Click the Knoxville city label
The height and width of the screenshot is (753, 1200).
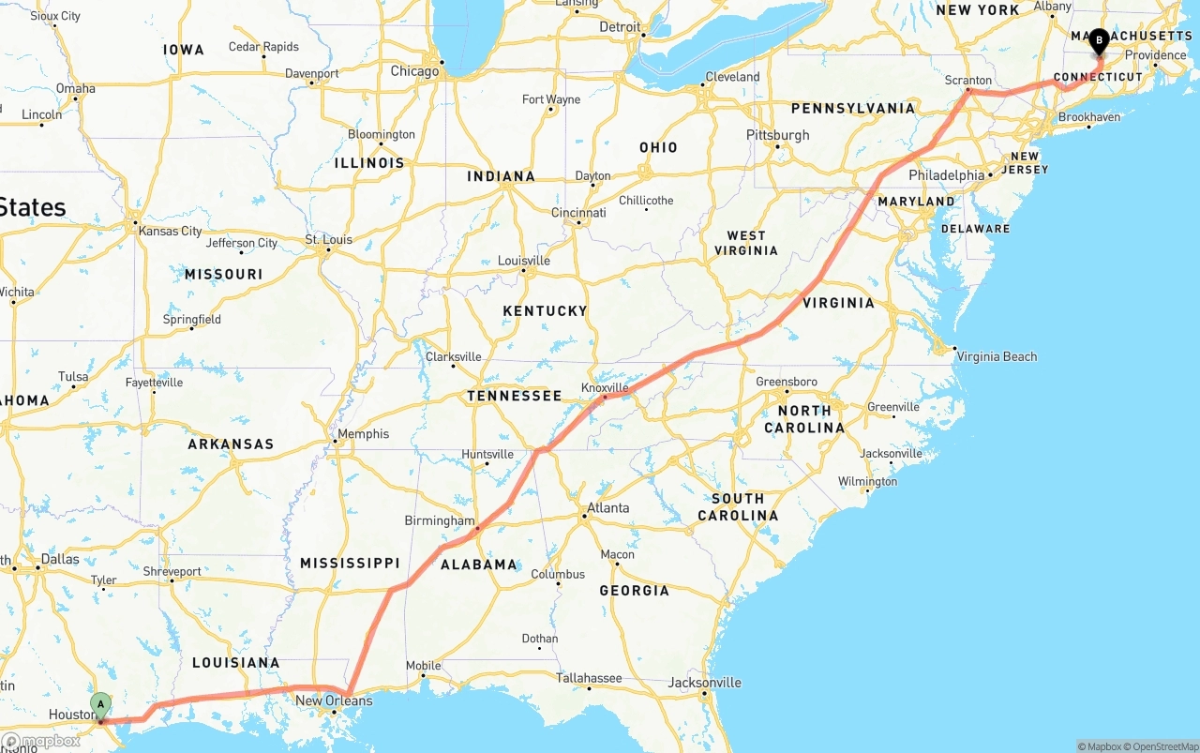coord(605,387)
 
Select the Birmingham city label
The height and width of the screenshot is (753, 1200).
coord(440,520)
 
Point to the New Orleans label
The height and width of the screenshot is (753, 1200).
coord(334,700)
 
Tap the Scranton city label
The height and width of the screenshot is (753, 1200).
coord(968,81)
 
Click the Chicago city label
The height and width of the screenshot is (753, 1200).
coord(414,71)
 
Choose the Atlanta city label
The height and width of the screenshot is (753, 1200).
coord(607,508)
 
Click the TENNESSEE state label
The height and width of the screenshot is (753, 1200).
coord(515,397)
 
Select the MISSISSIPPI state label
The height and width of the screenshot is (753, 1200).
coord(350,564)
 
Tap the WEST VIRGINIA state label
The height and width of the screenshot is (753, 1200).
coord(746,243)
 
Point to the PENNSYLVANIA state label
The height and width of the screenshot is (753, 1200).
coord(852,109)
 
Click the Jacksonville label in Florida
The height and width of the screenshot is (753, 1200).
coord(704,683)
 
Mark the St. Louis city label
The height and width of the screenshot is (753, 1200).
coord(329,240)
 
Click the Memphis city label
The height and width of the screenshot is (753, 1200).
coord(363,434)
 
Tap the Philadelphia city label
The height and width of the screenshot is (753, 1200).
coord(947,175)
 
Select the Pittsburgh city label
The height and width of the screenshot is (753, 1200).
coord(778,135)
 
